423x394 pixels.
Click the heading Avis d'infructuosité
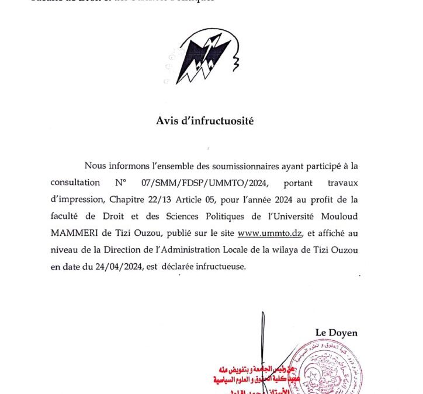point(205,121)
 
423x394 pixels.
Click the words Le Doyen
point(336,333)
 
